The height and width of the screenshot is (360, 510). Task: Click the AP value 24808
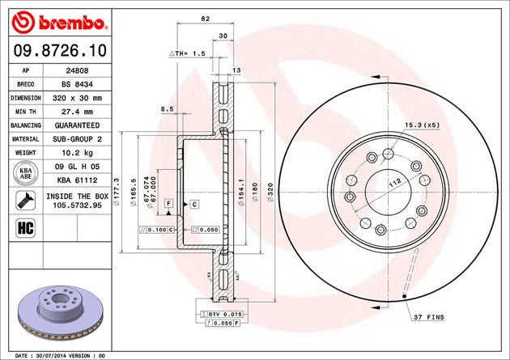(x=77, y=71)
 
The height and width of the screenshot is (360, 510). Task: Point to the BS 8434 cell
(x=77, y=84)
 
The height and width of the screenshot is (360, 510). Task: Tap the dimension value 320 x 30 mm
(x=77, y=98)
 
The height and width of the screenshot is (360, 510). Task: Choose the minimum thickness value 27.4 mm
(x=77, y=112)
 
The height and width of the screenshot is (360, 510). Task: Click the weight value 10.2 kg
(x=77, y=152)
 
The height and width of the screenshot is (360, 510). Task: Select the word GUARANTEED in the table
(x=77, y=125)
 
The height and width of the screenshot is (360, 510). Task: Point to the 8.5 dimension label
(x=168, y=108)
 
